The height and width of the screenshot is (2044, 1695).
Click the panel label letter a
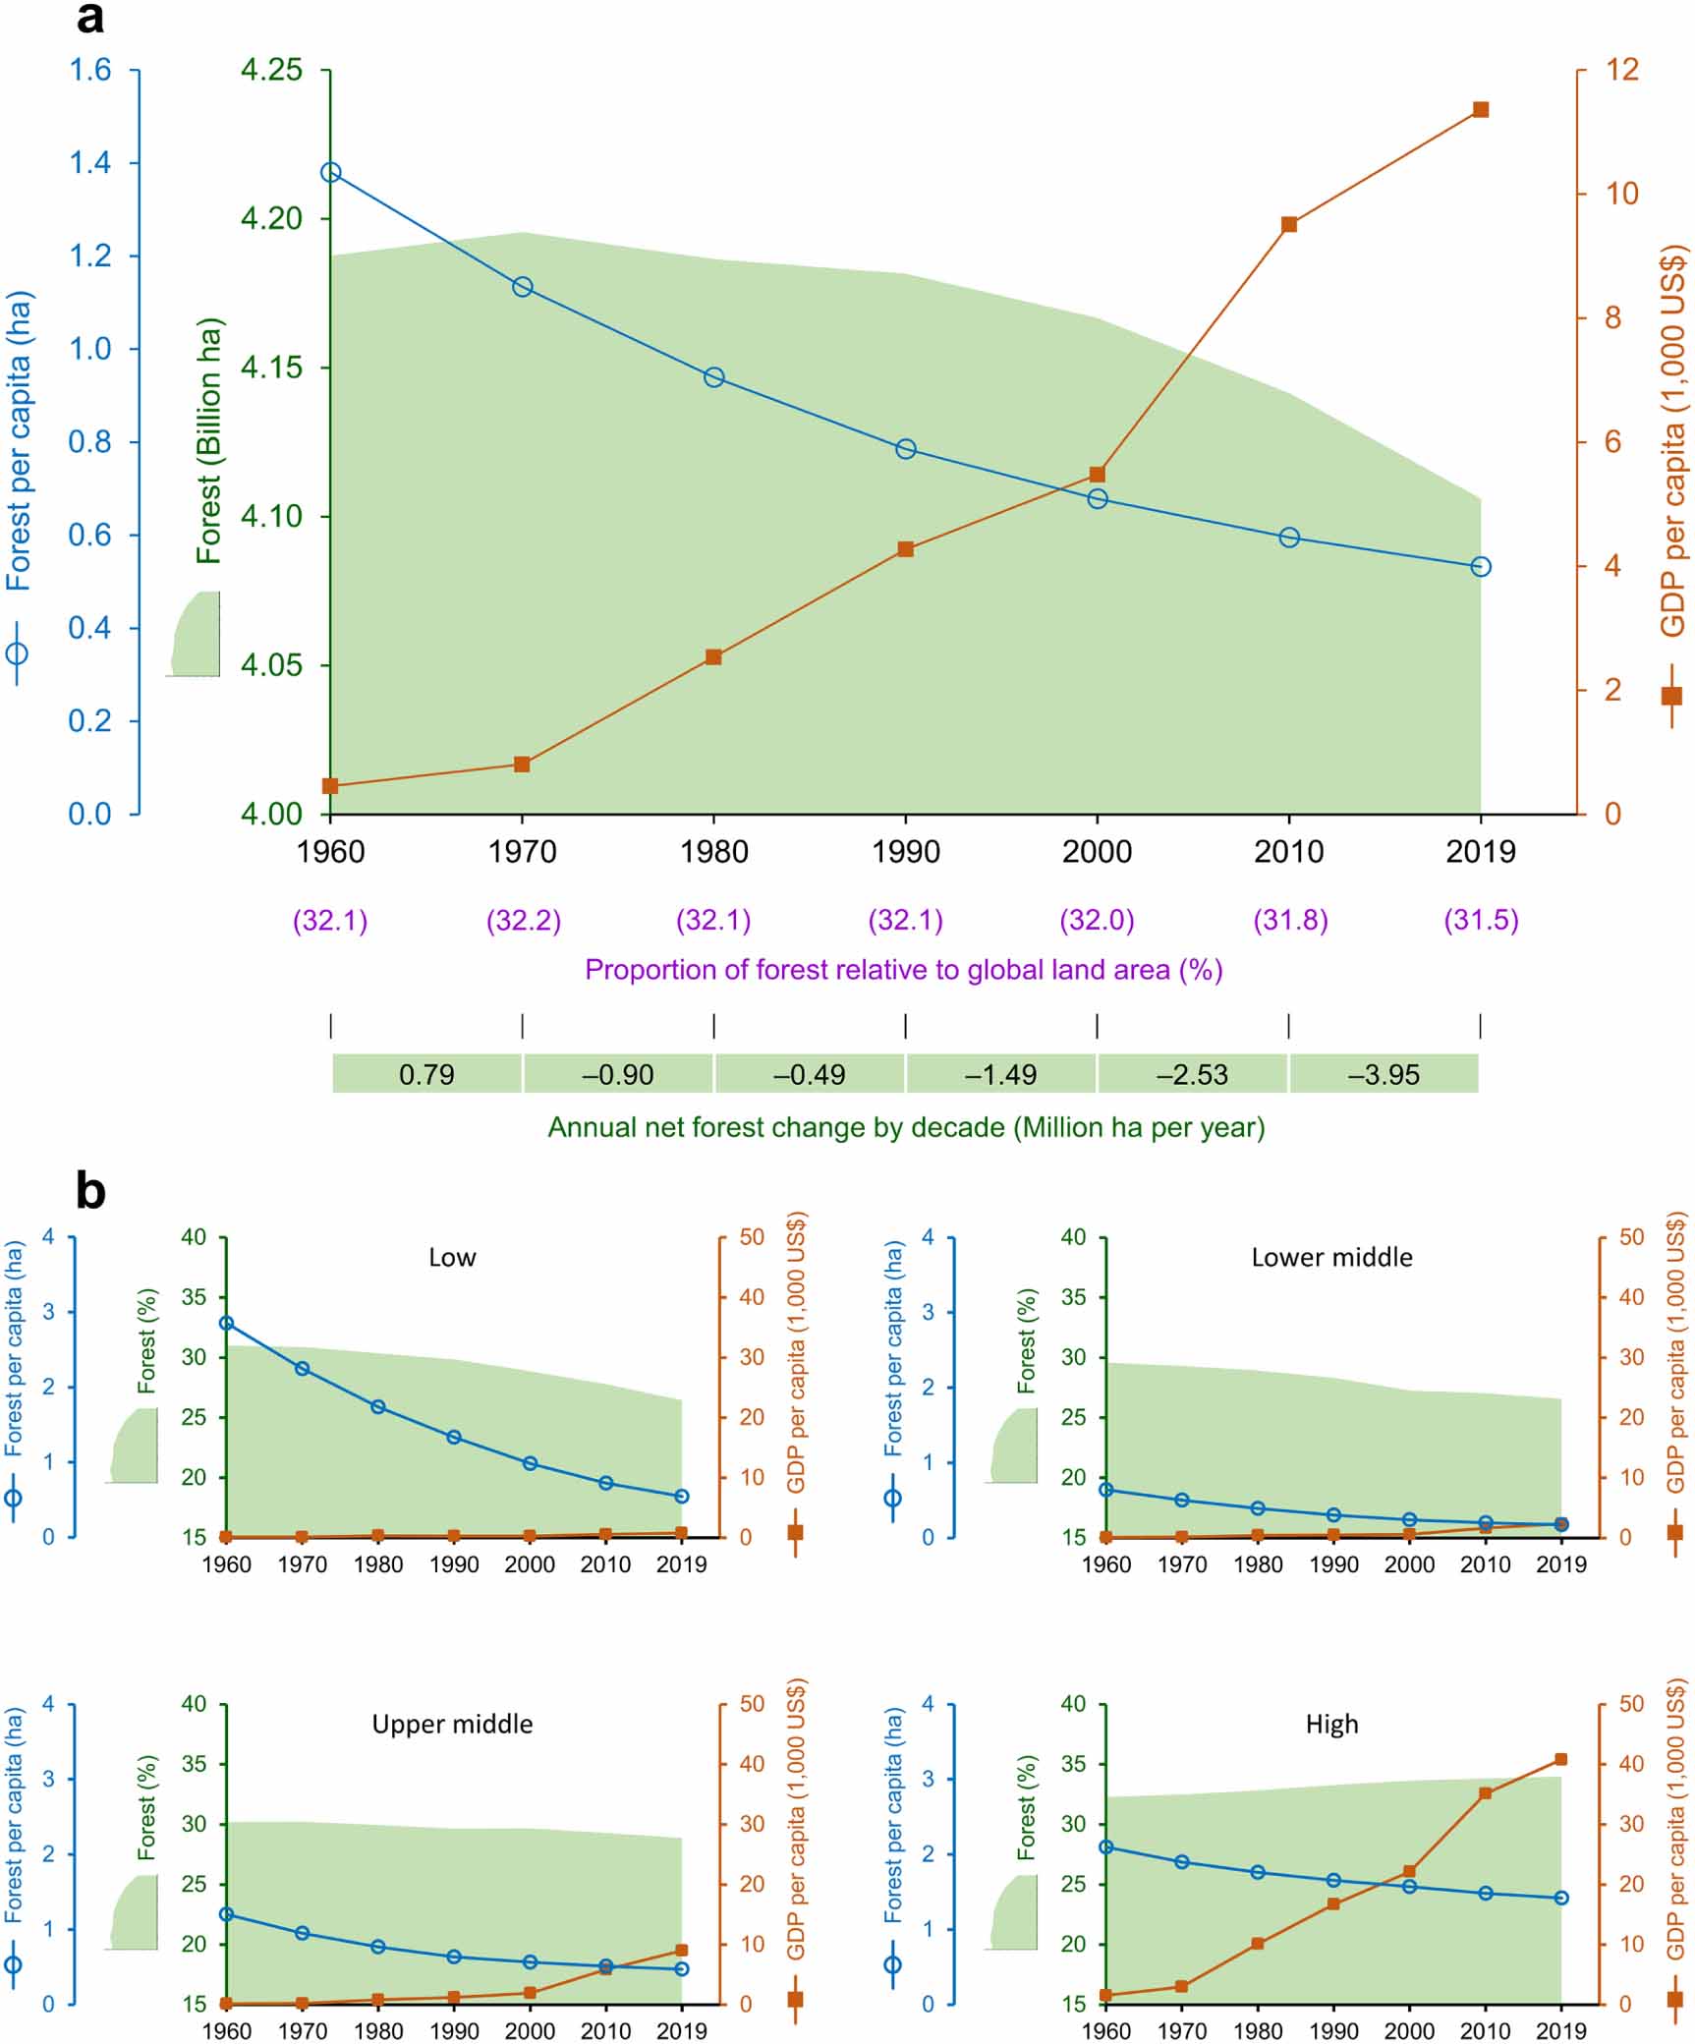pyautogui.click(x=89, y=19)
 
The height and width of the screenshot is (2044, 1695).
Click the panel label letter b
pyautogui.click(x=90, y=1191)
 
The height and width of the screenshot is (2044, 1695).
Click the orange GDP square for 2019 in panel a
pyautogui.click(x=1481, y=109)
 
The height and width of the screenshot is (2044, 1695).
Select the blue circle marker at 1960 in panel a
pyautogui.click(x=331, y=172)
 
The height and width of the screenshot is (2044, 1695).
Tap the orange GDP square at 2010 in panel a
pyautogui.click(x=1289, y=224)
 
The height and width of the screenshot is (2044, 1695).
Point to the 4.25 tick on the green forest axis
pyautogui.click(x=271, y=70)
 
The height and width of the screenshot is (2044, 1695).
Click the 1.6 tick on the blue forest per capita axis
pyautogui.click(x=89, y=70)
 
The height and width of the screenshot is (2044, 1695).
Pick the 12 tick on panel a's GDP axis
pyautogui.click(x=1622, y=70)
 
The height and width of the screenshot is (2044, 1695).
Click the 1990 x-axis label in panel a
pyautogui.click(x=905, y=851)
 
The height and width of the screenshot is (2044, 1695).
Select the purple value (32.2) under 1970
pyautogui.click(x=523, y=921)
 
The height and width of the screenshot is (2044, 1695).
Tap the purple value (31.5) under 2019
pyautogui.click(x=1481, y=921)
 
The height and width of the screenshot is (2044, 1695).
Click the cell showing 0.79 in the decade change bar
pyautogui.click(x=426, y=1074)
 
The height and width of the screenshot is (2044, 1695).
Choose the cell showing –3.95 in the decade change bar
pyautogui.click(x=1384, y=1074)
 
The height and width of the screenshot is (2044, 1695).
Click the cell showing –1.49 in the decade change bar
pyautogui.click(x=1000, y=1074)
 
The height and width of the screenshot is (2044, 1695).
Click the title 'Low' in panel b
pyautogui.click(x=452, y=1257)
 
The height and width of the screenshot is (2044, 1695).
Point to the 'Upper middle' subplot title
pyautogui.click(x=452, y=1724)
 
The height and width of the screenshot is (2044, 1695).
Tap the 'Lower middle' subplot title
pyautogui.click(x=1331, y=1257)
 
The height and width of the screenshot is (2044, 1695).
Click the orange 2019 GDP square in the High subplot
pyautogui.click(x=1560, y=1759)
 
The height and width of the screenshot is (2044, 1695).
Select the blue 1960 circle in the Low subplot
pyautogui.click(x=226, y=1323)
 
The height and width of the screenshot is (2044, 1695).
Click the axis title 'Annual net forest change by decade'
pyautogui.click(x=905, y=1127)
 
